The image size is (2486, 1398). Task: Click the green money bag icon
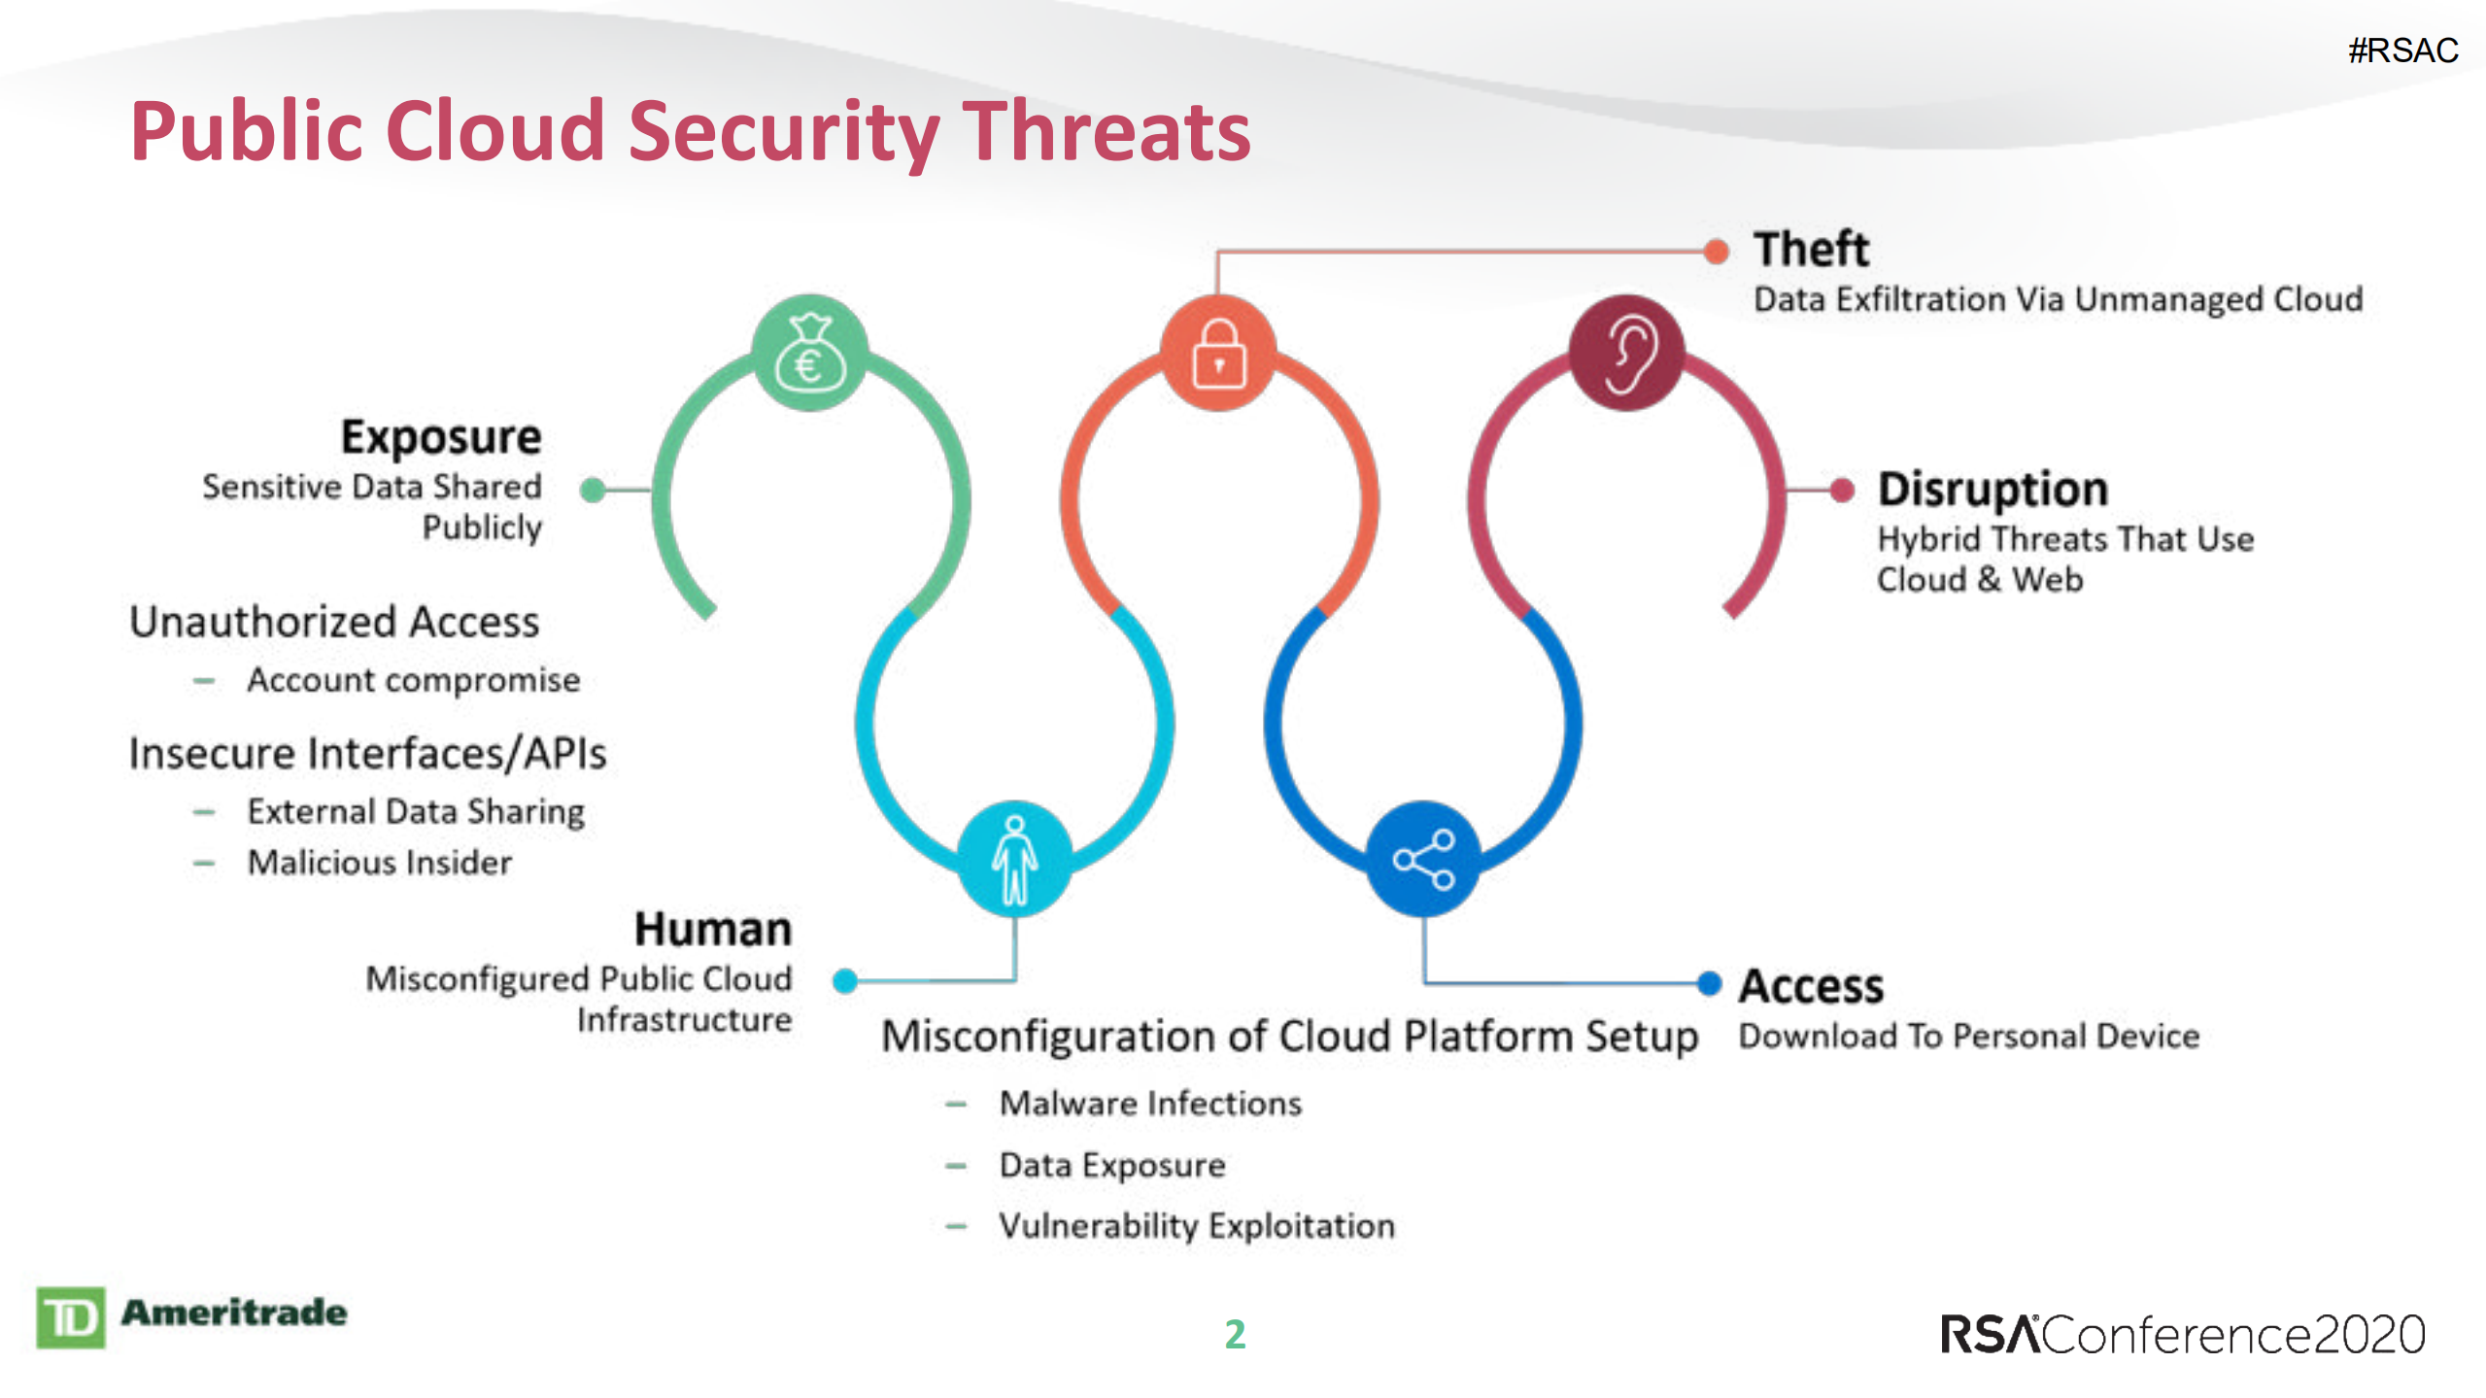click(809, 354)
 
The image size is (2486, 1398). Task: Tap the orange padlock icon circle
click(1218, 354)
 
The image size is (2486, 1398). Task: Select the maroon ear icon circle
click(1627, 354)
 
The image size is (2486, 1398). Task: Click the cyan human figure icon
click(1014, 859)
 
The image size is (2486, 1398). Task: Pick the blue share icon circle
click(1423, 859)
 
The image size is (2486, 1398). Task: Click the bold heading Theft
click(1810, 250)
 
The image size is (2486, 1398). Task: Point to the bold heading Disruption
click(1992, 489)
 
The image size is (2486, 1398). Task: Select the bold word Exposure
click(441, 437)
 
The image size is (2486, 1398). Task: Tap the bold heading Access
click(1811, 986)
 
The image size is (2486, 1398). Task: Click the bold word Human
click(713, 930)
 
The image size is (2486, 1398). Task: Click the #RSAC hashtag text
click(2402, 51)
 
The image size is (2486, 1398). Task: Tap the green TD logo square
click(70, 1318)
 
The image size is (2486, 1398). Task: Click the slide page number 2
click(1235, 1334)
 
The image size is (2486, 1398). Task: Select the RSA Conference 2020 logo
click(2182, 1334)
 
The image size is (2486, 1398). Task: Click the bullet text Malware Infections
click(1150, 1104)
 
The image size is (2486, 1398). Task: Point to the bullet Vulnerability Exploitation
click(1196, 1226)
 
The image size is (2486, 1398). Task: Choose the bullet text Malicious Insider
click(379, 863)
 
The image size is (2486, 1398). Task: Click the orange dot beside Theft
click(1717, 252)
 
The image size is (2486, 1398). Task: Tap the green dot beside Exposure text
click(593, 490)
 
